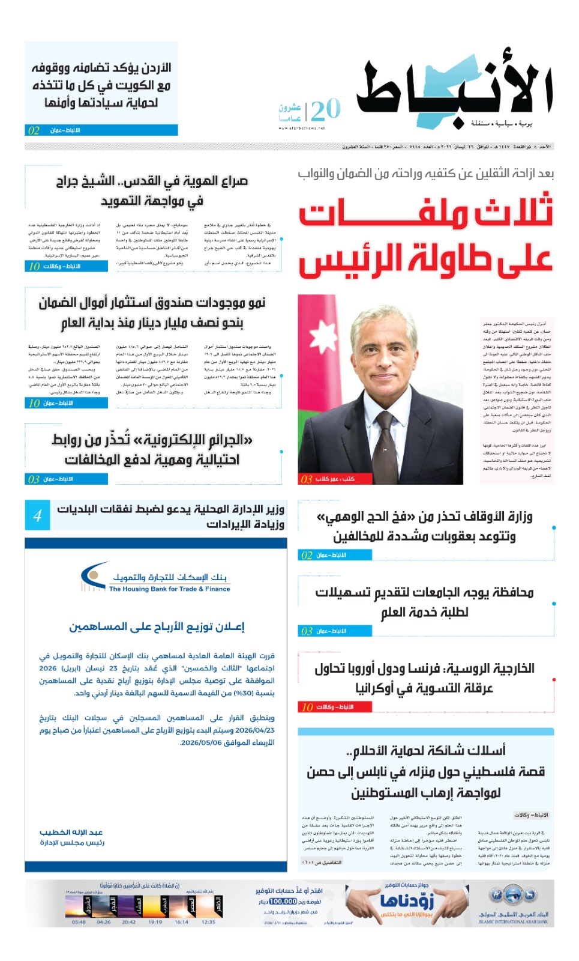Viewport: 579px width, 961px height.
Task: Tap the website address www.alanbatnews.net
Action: click(x=301, y=128)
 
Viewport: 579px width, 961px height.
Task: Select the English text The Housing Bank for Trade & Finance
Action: click(x=169, y=589)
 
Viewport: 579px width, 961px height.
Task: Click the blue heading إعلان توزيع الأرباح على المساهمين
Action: click(x=157, y=626)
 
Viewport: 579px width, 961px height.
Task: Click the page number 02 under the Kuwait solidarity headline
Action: click(x=34, y=130)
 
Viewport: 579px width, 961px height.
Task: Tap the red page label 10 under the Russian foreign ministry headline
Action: click(x=307, y=707)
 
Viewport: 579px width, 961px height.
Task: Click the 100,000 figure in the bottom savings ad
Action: click(x=283, y=901)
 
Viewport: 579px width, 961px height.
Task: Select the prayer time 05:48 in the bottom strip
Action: click(x=79, y=922)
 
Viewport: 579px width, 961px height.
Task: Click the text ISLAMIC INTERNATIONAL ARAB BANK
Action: click(x=513, y=921)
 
